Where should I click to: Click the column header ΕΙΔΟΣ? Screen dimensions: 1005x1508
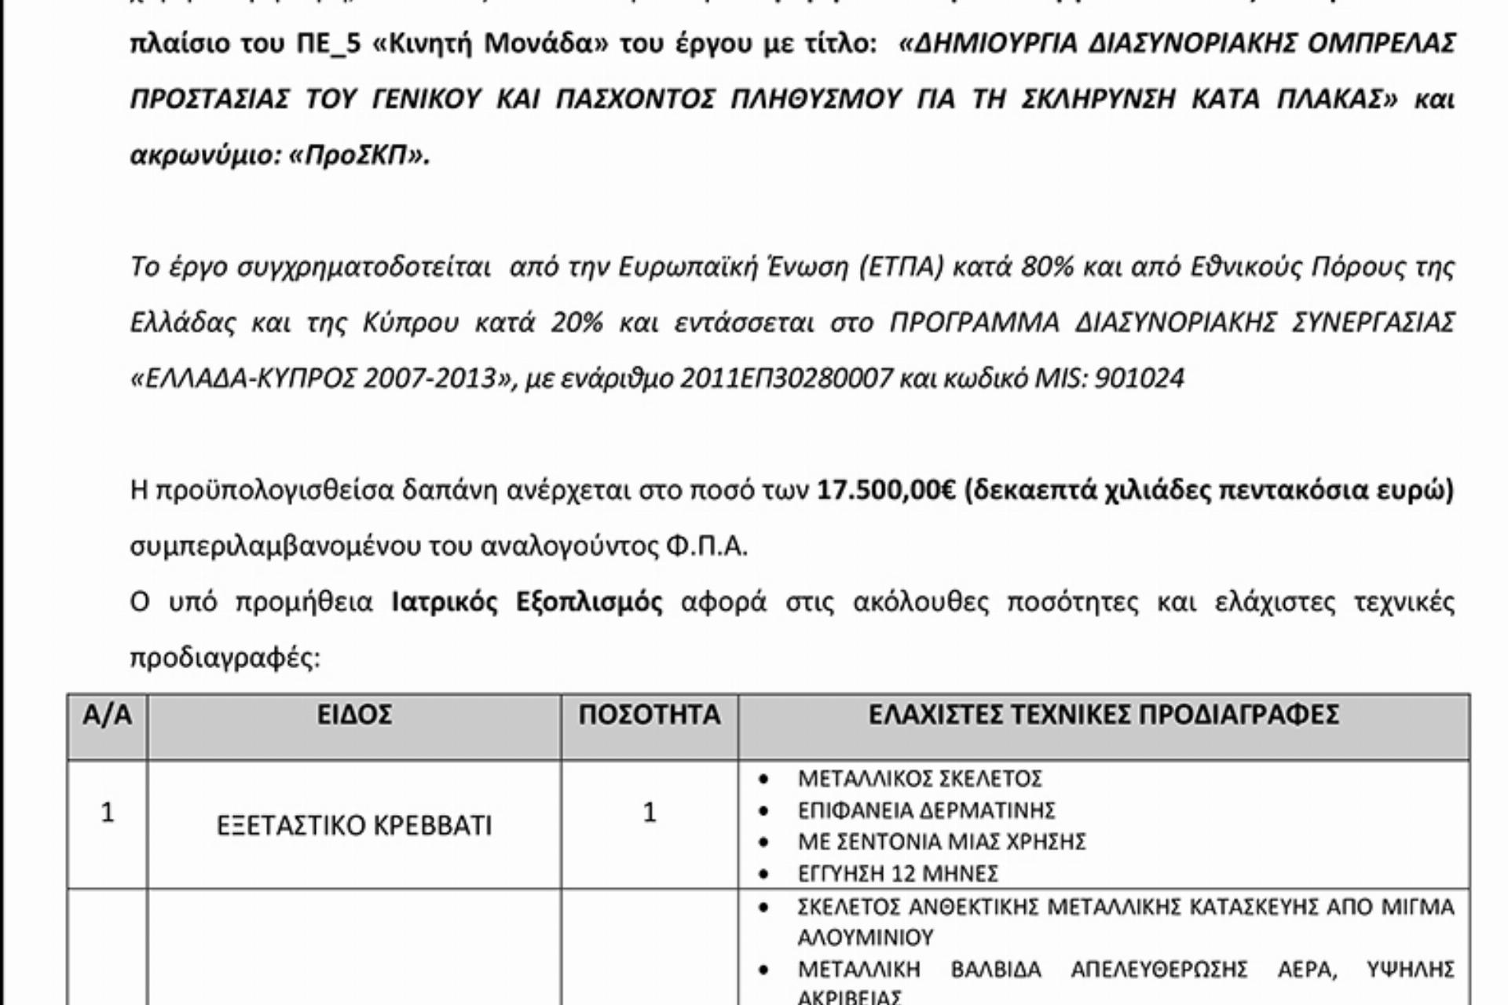coord(354,715)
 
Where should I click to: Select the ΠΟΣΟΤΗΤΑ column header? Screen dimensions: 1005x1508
coord(650,715)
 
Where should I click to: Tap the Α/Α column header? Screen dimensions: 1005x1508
coord(107,715)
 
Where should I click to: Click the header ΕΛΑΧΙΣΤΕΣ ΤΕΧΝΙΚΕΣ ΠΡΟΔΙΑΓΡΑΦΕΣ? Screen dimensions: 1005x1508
coord(1104,715)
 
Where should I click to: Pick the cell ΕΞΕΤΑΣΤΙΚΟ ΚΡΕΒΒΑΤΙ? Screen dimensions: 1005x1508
coord(354,826)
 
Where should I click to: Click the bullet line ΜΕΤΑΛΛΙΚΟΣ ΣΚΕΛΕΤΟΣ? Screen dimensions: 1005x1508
coord(920,779)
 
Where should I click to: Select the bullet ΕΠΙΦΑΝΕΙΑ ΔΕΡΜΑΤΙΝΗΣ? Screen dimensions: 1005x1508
coord(926,810)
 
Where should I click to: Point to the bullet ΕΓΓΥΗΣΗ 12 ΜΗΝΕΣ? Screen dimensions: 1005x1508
coord(898,873)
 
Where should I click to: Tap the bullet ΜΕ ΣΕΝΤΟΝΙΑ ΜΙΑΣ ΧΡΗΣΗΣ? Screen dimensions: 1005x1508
coord(942,842)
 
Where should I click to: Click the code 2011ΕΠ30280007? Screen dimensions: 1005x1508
coord(786,379)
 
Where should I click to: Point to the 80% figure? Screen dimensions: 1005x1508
coord(1046,268)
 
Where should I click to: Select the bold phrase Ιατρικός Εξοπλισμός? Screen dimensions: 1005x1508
coord(527,603)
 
